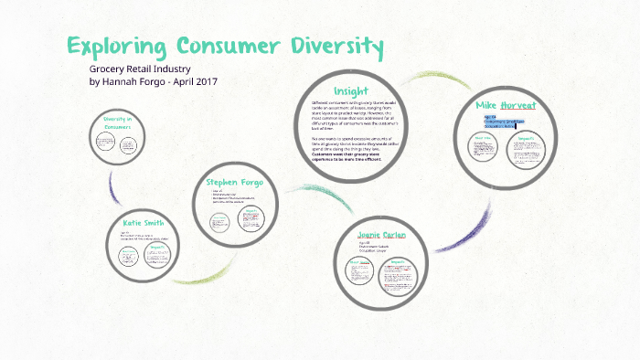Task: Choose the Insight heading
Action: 351,90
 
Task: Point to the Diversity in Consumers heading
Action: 117,122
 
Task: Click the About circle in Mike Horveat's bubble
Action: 484,150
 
